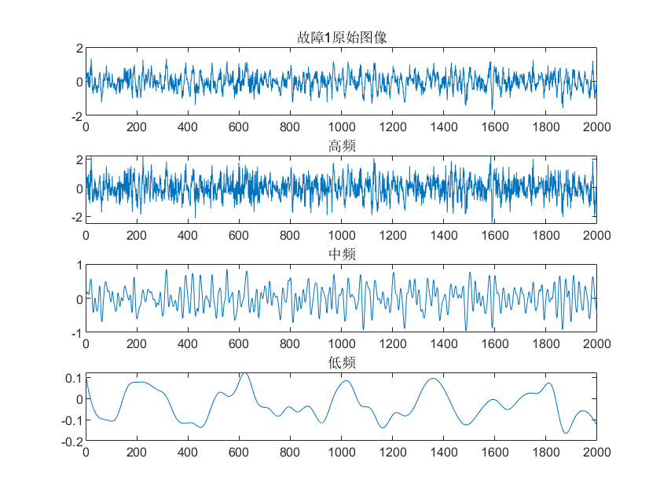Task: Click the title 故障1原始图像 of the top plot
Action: [x=341, y=38]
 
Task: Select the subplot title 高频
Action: [x=341, y=146]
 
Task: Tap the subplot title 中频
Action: [x=341, y=255]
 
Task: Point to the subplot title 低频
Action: [x=341, y=363]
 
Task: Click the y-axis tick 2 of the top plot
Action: [x=79, y=49]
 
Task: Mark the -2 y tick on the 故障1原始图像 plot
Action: [x=76, y=116]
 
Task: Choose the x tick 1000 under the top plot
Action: [x=341, y=126]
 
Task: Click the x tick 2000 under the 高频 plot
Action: [x=596, y=234]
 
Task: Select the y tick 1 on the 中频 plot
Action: [x=79, y=266]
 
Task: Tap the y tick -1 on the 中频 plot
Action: [x=76, y=333]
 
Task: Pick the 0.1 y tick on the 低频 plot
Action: [x=74, y=379]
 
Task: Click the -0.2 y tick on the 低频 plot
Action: [x=71, y=442]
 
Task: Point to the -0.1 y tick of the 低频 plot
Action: [x=71, y=421]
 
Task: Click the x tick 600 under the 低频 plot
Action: [x=239, y=453]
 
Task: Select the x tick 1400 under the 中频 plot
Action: [x=443, y=343]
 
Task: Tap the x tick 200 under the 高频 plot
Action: [x=137, y=234]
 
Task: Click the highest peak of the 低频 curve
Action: [x=245, y=372]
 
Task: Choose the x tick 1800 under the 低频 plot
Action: [x=545, y=453]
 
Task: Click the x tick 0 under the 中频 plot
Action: [x=86, y=343]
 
